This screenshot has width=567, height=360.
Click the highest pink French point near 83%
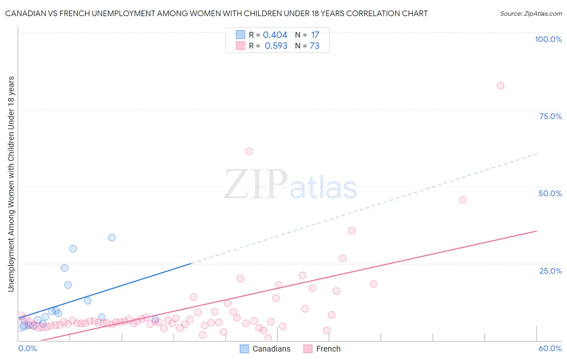[500, 86]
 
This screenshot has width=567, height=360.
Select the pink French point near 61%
[249, 151]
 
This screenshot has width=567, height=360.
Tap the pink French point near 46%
[463, 200]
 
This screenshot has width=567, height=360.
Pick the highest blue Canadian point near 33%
[112, 238]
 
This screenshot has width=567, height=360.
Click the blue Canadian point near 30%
[73, 249]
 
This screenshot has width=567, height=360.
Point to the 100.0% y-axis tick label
[548, 39]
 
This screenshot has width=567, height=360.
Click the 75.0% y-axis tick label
[550, 116]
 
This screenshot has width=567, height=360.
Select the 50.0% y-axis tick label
[550, 193]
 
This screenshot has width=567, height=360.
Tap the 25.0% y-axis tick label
[550, 271]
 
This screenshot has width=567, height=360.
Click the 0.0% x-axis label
[28, 348]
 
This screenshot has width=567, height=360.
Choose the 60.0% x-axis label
[550, 348]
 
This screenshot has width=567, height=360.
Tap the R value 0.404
[275, 35]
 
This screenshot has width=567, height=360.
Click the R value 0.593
[276, 46]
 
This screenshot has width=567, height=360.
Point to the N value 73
[315, 46]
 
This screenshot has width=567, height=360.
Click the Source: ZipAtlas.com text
[531, 14]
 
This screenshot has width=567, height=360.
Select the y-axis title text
[11, 184]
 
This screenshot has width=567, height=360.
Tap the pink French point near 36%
[352, 230]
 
